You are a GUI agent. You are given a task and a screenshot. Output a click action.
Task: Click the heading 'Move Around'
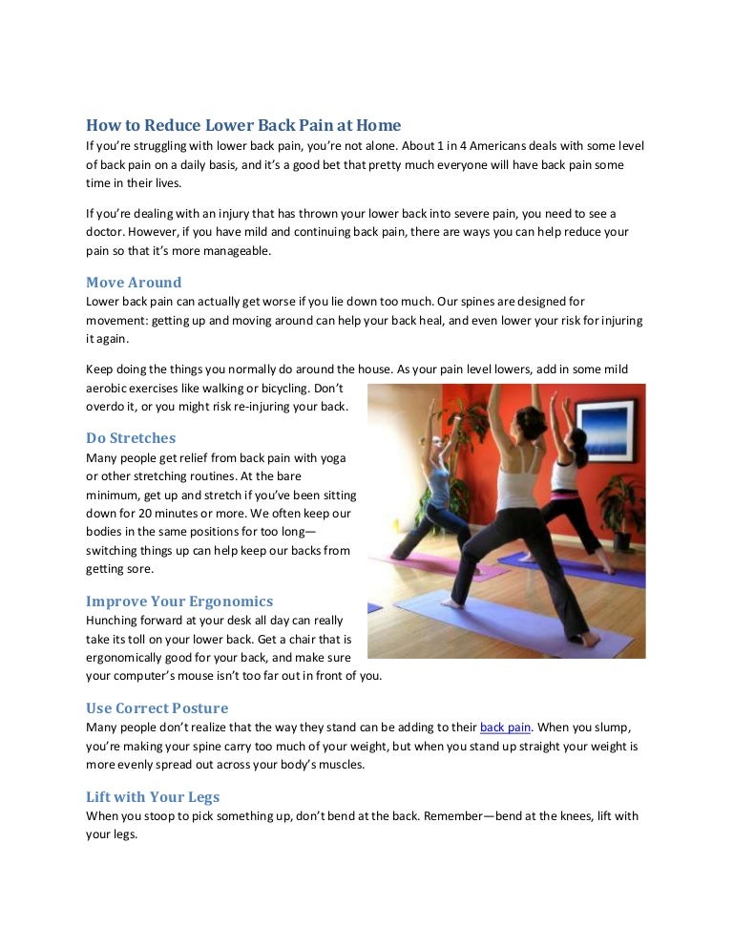coord(134,283)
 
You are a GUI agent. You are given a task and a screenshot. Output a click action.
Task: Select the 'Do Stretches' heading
coord(131,438)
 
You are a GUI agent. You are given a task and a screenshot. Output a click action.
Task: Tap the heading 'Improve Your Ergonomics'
coord(179,601)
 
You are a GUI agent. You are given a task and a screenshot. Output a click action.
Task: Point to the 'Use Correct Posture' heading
coord(157,708)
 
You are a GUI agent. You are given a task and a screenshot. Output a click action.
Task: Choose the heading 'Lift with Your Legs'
coord(153,797)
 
